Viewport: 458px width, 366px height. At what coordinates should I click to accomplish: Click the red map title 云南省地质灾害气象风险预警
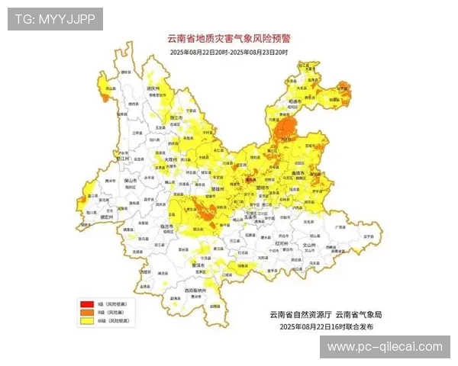(x=228, y=37)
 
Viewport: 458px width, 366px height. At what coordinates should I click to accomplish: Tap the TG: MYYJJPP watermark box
(x=54, y=19)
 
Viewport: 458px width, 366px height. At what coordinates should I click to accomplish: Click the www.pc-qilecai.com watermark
(x=384, y=347)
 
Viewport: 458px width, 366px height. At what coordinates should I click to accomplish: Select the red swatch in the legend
(x=85, y=305)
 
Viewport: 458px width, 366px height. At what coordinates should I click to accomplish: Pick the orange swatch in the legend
(x=85, y=313)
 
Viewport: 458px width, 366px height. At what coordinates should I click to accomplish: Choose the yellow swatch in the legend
(x=85, y=322)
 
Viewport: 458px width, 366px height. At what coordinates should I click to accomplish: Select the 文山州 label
(x=309, y=244)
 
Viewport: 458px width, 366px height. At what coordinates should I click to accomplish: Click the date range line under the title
(x=228, y=51)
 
